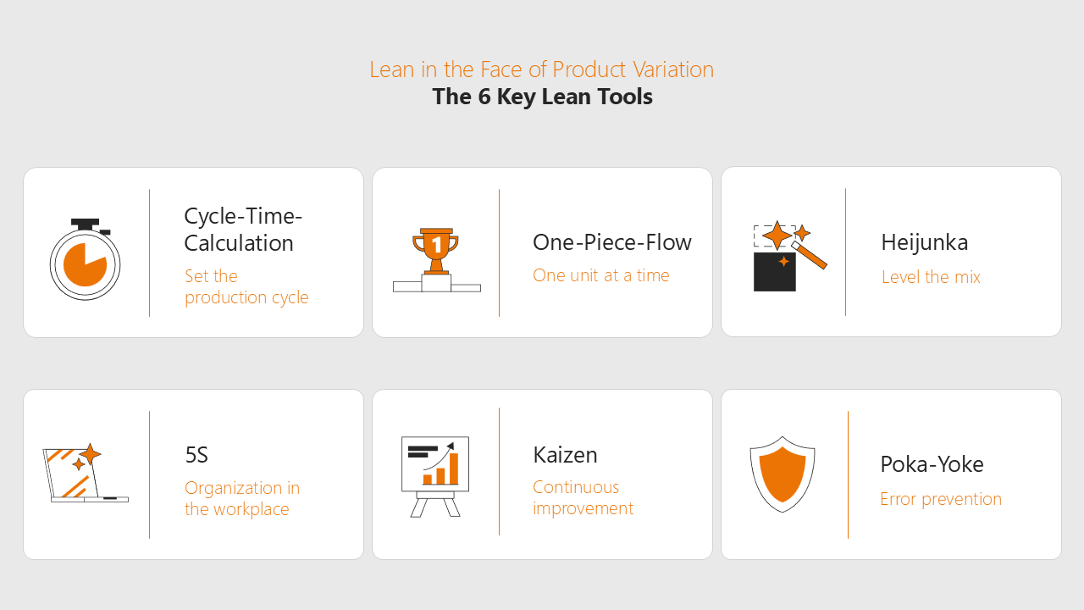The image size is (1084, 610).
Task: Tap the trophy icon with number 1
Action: pyautogui.click(x=436, y=260)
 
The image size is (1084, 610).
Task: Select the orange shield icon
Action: pyautogui.click(x=783, y=474)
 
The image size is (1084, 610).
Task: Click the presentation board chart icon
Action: pyautogui.click(x=435, y=477)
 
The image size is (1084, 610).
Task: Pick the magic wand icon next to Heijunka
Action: pyautogui.click(x=790, y=256)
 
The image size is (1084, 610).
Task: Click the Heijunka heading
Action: pyautogui.click(x=924, y=242)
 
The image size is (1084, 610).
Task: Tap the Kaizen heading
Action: pyautogui.click(x=565, y=455)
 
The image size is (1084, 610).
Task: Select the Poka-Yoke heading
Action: pyautogui.click(x=932, y=464)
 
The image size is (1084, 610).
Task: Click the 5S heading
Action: pyautogui.click(x=196, y=455)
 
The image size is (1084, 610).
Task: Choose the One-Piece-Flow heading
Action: pyautogui.click(x=612, y=242)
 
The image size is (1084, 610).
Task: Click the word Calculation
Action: pyautogui.click(x=239, y=243)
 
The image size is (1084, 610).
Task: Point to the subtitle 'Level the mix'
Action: pyautogui.click(x=931, y=277)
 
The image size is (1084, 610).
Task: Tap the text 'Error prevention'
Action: pyautogui.click(x=941, y=499)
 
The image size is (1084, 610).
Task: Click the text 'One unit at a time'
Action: pyautogui.click(x=601, y=275)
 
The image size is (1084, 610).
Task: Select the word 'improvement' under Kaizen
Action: pyautogui.click(x=583, y=508)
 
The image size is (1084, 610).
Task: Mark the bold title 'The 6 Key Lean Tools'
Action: pyautogui.click(x=542, y=97)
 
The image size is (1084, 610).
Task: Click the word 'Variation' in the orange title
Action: pyautogui.click(x=673, y=69)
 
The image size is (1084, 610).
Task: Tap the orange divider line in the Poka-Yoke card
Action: pyautogui.click(x=848, y=474)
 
